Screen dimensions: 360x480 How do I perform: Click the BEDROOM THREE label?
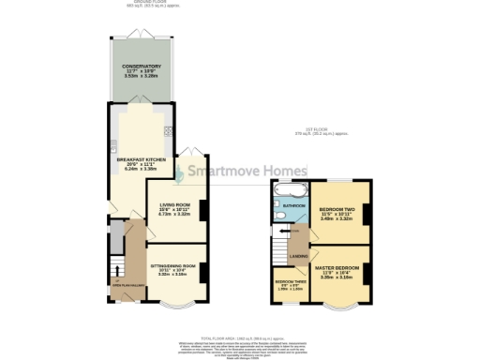[x=288, y=282]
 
